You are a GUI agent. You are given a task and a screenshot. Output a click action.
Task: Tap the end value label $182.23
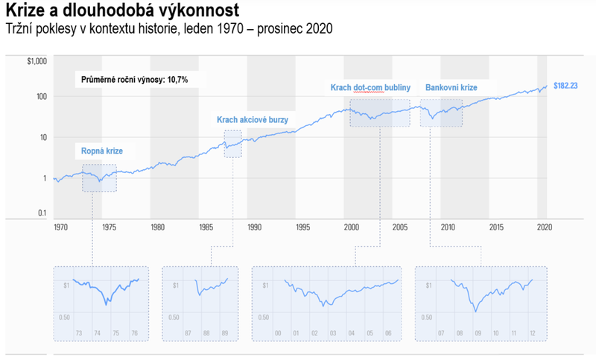click(565, 86)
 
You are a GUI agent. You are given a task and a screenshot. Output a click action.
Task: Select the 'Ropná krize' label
click(102, 151)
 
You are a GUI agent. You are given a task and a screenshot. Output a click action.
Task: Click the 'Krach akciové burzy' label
click(252, 120)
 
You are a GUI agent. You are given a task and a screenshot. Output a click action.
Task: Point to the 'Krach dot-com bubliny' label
click(370, 88)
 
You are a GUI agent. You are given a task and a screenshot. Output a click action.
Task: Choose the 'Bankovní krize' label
click(451, 88)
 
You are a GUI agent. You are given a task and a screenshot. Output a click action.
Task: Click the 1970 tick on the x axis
click(61, 227)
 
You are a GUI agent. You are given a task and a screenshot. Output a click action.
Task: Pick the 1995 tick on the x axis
click(302, 227)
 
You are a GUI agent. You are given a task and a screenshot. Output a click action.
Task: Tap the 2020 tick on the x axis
click(543, 227)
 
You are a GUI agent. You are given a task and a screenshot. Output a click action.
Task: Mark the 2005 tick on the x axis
click(399, 227)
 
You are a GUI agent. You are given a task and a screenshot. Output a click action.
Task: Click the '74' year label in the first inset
click(98, 332)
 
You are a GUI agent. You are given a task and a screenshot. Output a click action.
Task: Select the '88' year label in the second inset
click(206, 332)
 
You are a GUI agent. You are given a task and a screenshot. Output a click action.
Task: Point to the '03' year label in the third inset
click(333, 332)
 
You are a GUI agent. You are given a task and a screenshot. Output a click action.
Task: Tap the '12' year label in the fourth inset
click(532, 332)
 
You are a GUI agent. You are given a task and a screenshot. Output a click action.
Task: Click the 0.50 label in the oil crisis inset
click(65, 318)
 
